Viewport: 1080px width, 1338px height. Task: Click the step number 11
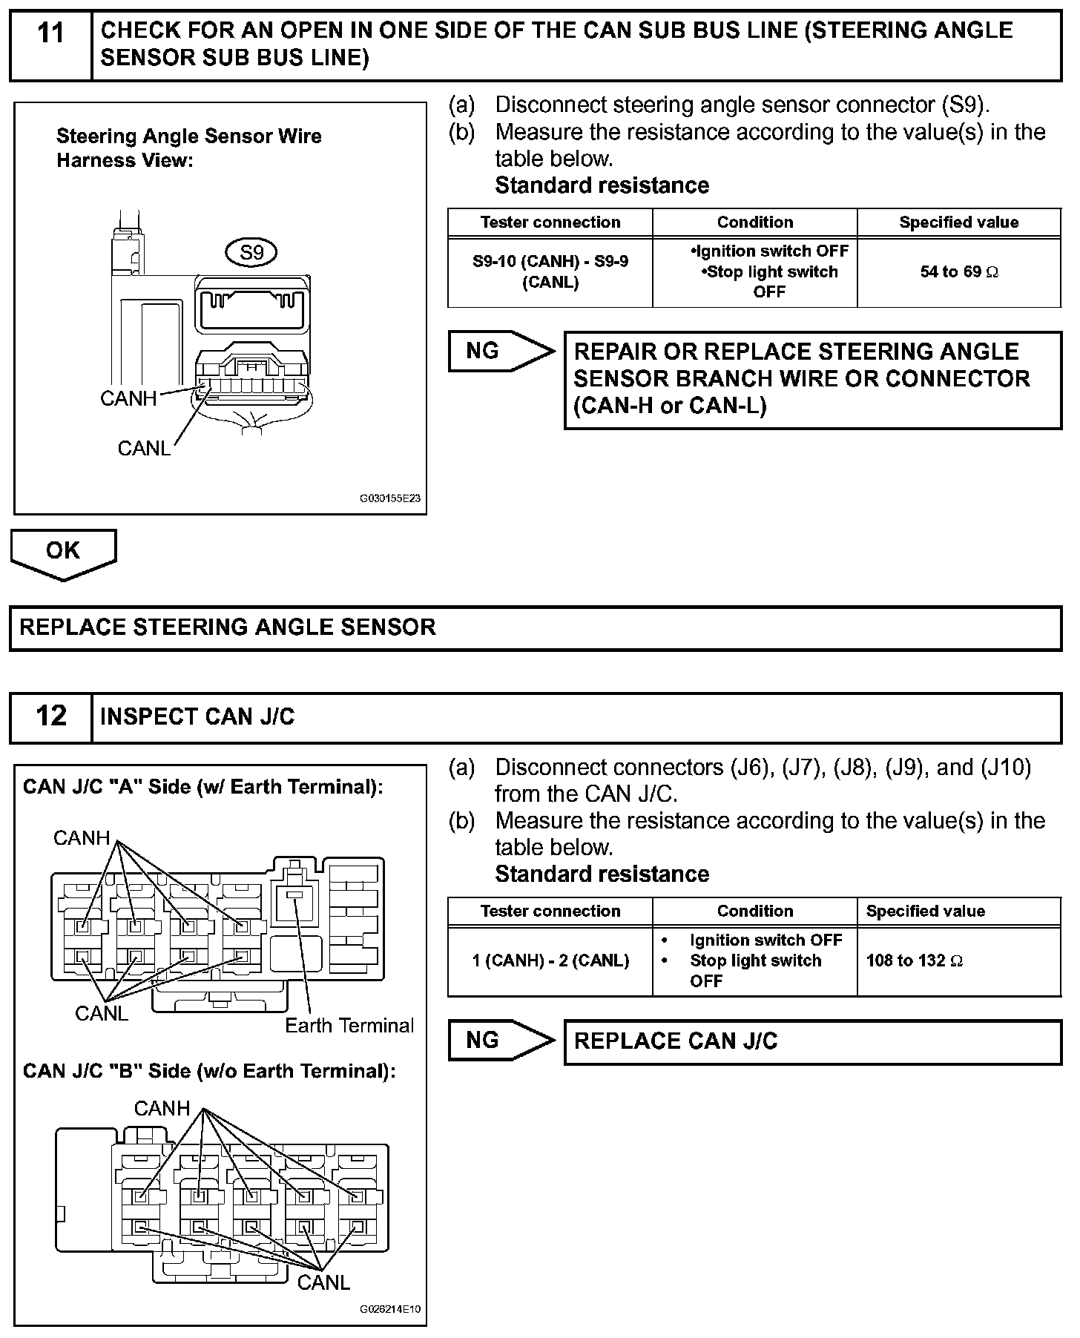click(x=50, y=34)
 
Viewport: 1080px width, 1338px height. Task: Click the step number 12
click(x=50, y=716)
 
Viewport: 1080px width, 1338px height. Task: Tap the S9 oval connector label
click(x=251, y=253)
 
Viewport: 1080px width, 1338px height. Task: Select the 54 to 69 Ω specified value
click(x=958, y=272)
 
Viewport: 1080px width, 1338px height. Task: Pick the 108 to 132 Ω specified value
click(x=914, y=961)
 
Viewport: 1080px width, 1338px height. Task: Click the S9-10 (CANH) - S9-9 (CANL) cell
click(x=550, y=272)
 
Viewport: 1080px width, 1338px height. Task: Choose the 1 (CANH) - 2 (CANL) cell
click(x=550, y=961)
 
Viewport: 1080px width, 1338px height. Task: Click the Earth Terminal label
click(x=349, y=1026)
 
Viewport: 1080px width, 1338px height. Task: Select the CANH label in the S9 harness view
click(x=128, y=398)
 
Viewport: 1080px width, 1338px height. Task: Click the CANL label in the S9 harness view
click(x=144, y=448)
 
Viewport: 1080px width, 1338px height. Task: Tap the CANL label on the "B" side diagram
click(x=323, y=1282)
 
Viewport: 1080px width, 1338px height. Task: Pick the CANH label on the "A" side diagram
click(x=82, y=838)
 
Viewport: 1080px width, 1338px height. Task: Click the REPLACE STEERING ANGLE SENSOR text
click(x=228, y=627)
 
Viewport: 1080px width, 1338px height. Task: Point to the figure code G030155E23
click(x=389, y=498)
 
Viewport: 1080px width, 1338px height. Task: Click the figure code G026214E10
click(x=389, y=1309)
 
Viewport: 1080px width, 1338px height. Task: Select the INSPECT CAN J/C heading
click(x=197, y=717)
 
